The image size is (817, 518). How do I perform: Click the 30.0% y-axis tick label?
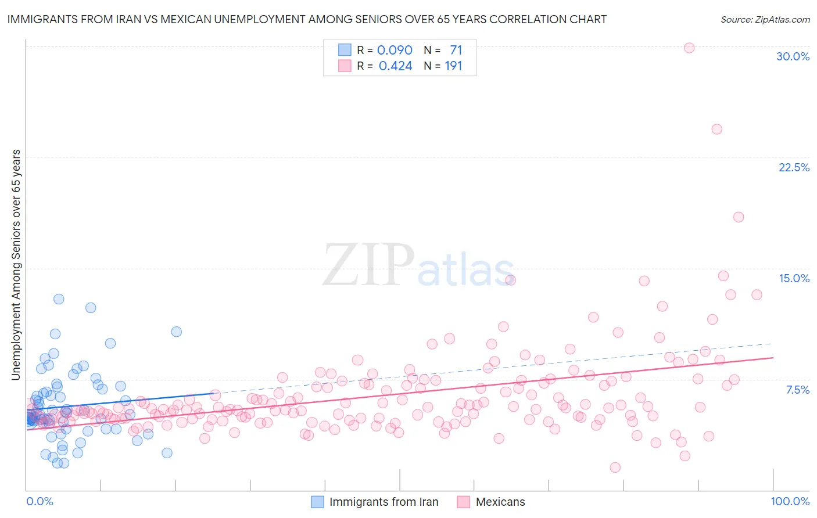click(793, 56)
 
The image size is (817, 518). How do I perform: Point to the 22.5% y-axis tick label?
click(794, 167)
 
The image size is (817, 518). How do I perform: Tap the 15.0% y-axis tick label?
click(794, 278)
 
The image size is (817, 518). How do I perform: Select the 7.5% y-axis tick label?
click(797, 390)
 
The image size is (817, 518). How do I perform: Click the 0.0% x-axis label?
click(40, 501)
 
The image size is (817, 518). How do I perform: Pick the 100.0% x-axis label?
click(790, 501)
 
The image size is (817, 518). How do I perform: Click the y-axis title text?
click(16, 265)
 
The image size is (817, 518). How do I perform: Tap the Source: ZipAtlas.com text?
click(765, 19)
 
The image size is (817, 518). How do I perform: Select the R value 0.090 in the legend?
click(395, 50)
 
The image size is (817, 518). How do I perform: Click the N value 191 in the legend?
click(453, 66)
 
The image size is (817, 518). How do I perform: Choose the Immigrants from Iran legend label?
click(384, 502)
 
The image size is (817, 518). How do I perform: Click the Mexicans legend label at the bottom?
click(500, 502)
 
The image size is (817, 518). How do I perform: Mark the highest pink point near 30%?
click(689, 48)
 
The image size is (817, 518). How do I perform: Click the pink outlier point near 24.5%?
click(716, 129)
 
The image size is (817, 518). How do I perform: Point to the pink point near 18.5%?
click(739, 217)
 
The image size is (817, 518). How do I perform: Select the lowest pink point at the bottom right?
click(615, 467)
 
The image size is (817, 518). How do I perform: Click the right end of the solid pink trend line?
click(773, 358)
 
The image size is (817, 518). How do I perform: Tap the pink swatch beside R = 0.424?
click(345, 66)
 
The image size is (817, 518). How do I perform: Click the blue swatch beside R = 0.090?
click(345, 50)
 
